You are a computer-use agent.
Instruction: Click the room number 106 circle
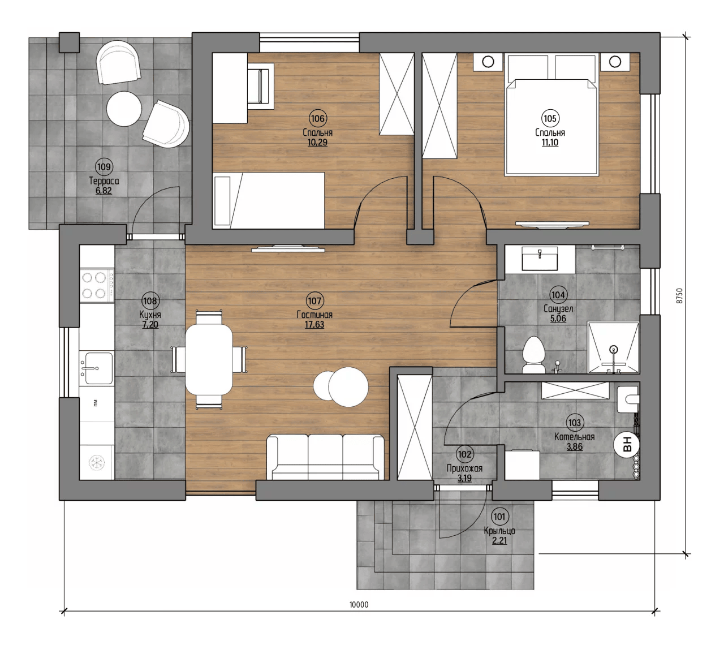(x=317, y=118)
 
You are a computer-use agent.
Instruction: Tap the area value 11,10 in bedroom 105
(x=550, y=143)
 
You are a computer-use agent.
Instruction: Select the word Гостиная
(x=314, y=315)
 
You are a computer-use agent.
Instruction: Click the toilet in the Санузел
(x=533, y=355)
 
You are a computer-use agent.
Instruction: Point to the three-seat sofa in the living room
(x=325, y=457)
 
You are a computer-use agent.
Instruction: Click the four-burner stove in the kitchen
(x=97, y=285)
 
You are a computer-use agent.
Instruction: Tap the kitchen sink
(x=96, y=368)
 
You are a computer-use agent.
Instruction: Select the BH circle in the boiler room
(x=627, y=444)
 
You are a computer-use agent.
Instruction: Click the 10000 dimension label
(x=359, y=605)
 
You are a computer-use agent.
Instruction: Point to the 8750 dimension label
(x=679, y=296)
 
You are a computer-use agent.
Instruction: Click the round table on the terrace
(x=124, y=109)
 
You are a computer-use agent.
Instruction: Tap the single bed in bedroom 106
(x=269, y=201)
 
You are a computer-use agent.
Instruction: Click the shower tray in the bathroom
(x=613, y=348)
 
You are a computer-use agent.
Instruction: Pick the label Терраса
(x=104, y=180)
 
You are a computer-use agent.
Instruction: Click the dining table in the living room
(x=209, y=359)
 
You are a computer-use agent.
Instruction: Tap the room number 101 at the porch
(x=499, y=517)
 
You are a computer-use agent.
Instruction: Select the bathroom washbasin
(x=540, y=258)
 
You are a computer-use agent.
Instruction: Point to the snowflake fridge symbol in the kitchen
(x=97, y=462)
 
